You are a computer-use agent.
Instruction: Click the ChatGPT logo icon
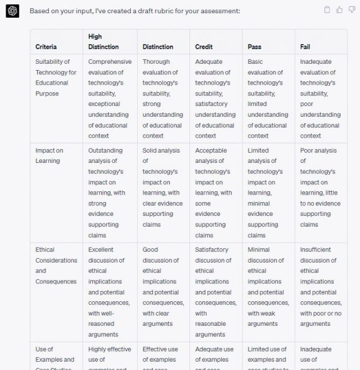click(13, 12)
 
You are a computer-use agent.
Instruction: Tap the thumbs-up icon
click(340, 9)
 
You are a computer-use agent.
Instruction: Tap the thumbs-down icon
click(351, 9)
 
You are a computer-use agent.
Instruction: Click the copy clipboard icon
click(327, 9)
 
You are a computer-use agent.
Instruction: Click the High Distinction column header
click(104, 42)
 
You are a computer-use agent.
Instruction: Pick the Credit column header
click(204, 47)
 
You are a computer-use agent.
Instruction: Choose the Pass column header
click(255, 47)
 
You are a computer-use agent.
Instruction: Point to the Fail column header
click(306, 47)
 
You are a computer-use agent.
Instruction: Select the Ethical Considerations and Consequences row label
click(56, 265)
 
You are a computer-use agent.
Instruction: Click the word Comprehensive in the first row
click(110, 62)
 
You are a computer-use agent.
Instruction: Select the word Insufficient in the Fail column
click(320, 249)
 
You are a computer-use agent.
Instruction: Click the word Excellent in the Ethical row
click(101, 249)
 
